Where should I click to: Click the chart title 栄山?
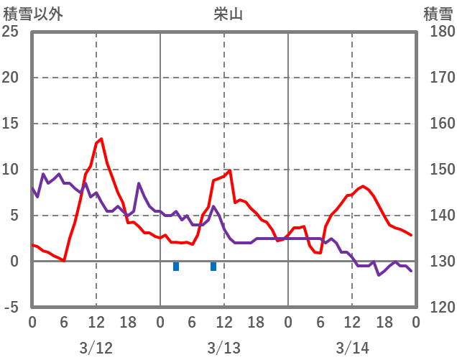click(228, 14)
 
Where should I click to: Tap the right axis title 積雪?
click(438, 14)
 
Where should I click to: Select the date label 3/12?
click(96, 348)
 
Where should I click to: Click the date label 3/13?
click(223, 348)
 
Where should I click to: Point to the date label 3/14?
click(351, 348)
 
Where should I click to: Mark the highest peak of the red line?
click(101, 139)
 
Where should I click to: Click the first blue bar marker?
click(176, 267)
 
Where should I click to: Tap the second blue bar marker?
click(213, 267)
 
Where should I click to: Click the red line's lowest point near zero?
click(64, 260)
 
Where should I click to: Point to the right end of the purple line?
click(411, 271)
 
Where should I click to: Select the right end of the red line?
click(411, 235)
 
